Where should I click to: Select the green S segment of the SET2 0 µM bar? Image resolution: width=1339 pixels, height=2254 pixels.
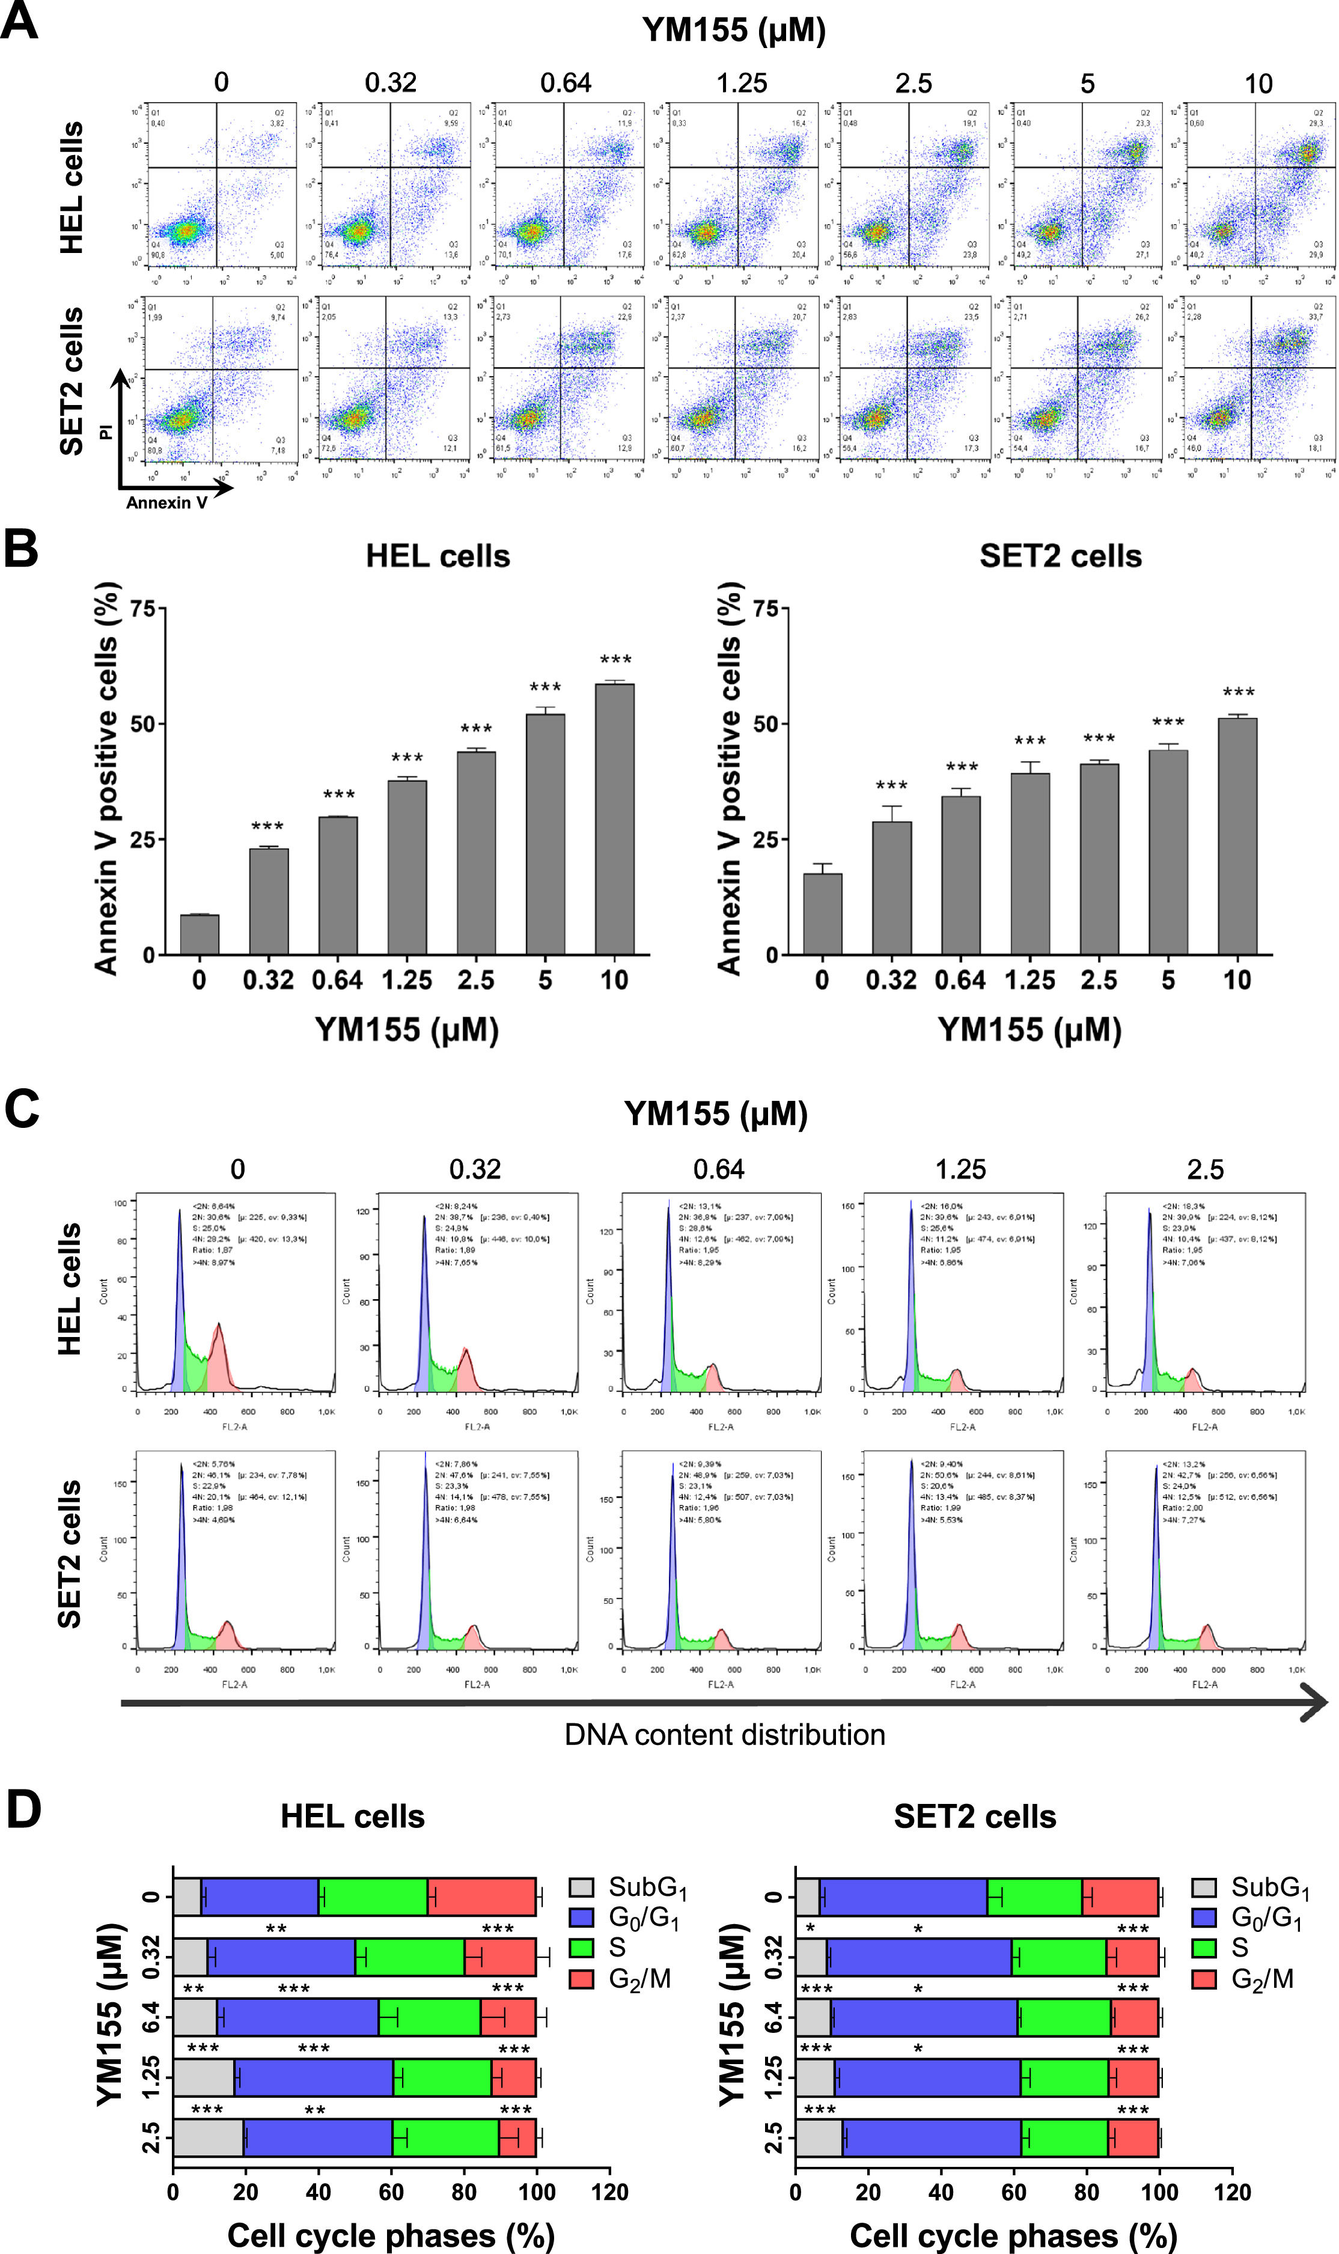(1034, 1898)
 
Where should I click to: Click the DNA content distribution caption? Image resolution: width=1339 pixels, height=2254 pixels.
(725, 1734)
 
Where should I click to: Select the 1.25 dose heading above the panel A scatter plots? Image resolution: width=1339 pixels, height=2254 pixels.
(741, 83)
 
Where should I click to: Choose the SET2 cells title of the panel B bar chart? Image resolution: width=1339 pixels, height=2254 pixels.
(1060, 556)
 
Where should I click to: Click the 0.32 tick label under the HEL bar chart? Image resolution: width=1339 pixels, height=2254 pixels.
(268, 981)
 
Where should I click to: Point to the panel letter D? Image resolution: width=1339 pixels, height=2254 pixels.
(23, 1811)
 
